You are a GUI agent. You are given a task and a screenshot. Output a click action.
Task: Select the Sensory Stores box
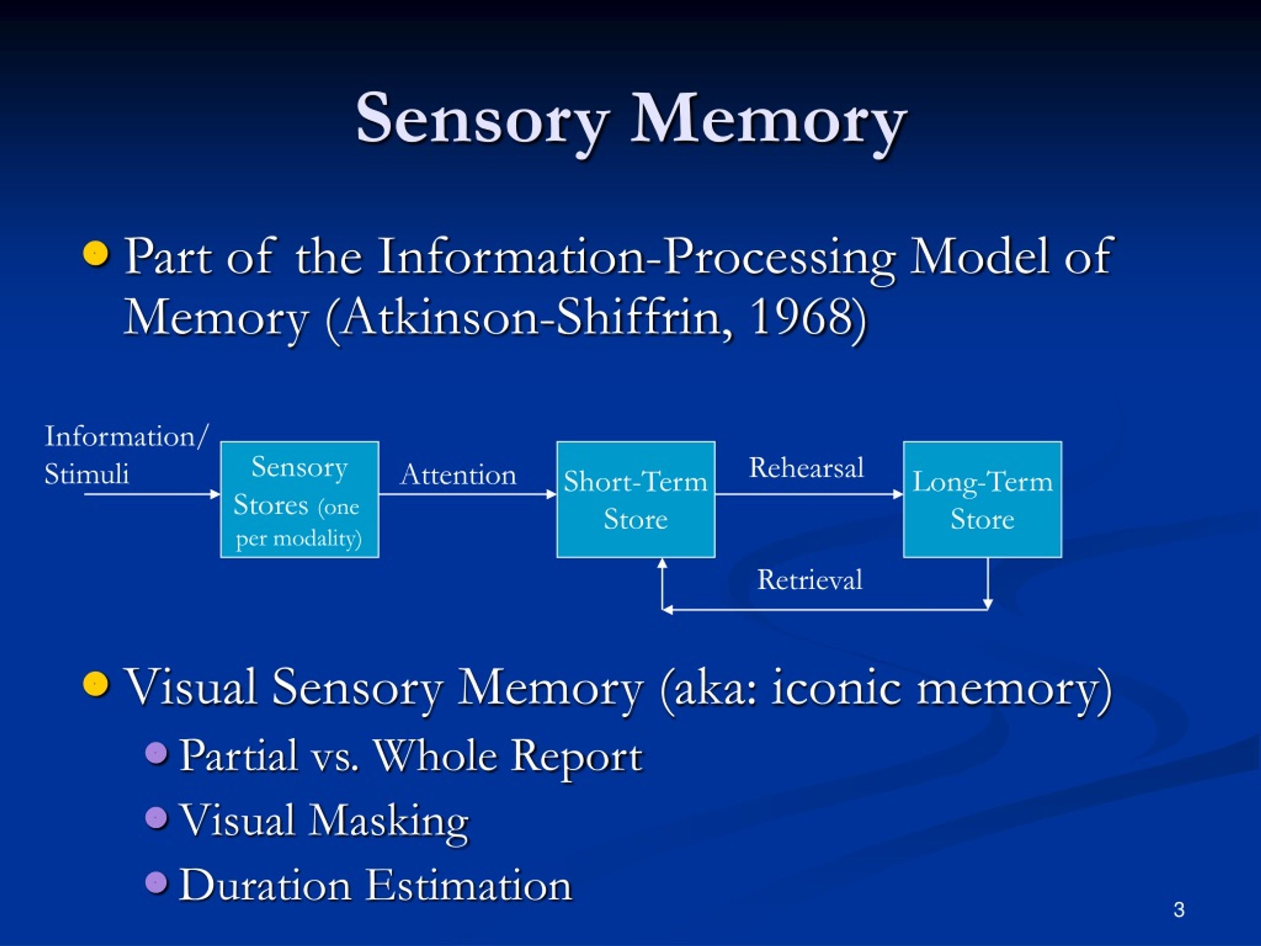click(299, 500)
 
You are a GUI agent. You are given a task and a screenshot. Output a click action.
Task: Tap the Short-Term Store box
click(635, 500)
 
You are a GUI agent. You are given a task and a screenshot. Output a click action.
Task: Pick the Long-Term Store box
click(982, 500)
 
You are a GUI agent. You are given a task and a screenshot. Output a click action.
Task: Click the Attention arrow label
click(458, 475)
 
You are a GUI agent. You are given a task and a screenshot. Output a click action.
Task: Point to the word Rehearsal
click(805, 468)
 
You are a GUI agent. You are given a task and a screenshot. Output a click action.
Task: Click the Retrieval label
click(809, 580)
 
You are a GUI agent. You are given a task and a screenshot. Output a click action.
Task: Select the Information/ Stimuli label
click(126, 454)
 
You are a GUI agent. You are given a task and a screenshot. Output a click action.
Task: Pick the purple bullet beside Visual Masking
click(156, 818)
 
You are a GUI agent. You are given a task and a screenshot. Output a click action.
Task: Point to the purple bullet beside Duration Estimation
click(156, 883)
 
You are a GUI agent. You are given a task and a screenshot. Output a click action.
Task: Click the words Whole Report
click(507, 756)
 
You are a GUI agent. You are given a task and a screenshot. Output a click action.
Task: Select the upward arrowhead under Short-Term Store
click(662, 563)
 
